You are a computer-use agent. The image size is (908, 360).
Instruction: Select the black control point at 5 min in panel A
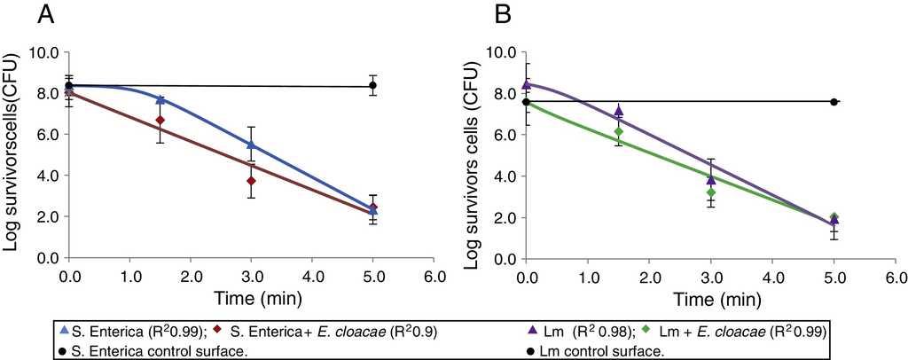(x=373, y=86)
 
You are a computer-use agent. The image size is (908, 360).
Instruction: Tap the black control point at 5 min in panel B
(x=834, y=102)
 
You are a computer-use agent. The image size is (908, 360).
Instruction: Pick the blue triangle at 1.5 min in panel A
(x=160, y=99)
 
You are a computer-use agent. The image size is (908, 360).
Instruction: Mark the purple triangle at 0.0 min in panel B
(x=527, y=84)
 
